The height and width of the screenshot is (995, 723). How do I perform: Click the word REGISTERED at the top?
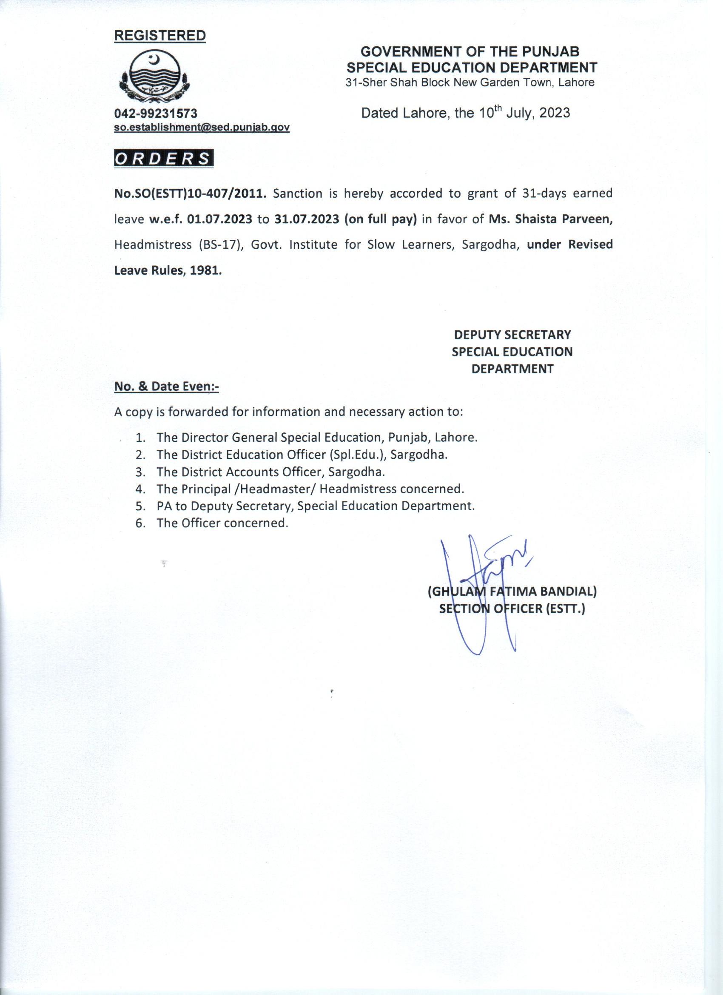[x=159, y=36]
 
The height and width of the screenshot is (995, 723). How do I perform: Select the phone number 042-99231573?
[x=156, y=114]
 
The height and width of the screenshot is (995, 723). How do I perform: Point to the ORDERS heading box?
[x=163, y=159]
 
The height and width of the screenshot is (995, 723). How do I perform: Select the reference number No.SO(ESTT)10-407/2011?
[x=190, y=193]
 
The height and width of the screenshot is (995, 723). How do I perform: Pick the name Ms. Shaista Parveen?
[x=551, y=219]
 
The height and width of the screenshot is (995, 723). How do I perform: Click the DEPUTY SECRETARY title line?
[x=512, y=335]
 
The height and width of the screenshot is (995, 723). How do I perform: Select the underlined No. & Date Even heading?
[x=166, y=387]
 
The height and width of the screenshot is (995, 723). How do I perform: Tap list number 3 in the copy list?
[x=140, y=472]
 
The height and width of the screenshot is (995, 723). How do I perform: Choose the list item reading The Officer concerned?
[x=222, y=523]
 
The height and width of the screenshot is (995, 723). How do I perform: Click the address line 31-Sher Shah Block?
[x=470, y=82]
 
